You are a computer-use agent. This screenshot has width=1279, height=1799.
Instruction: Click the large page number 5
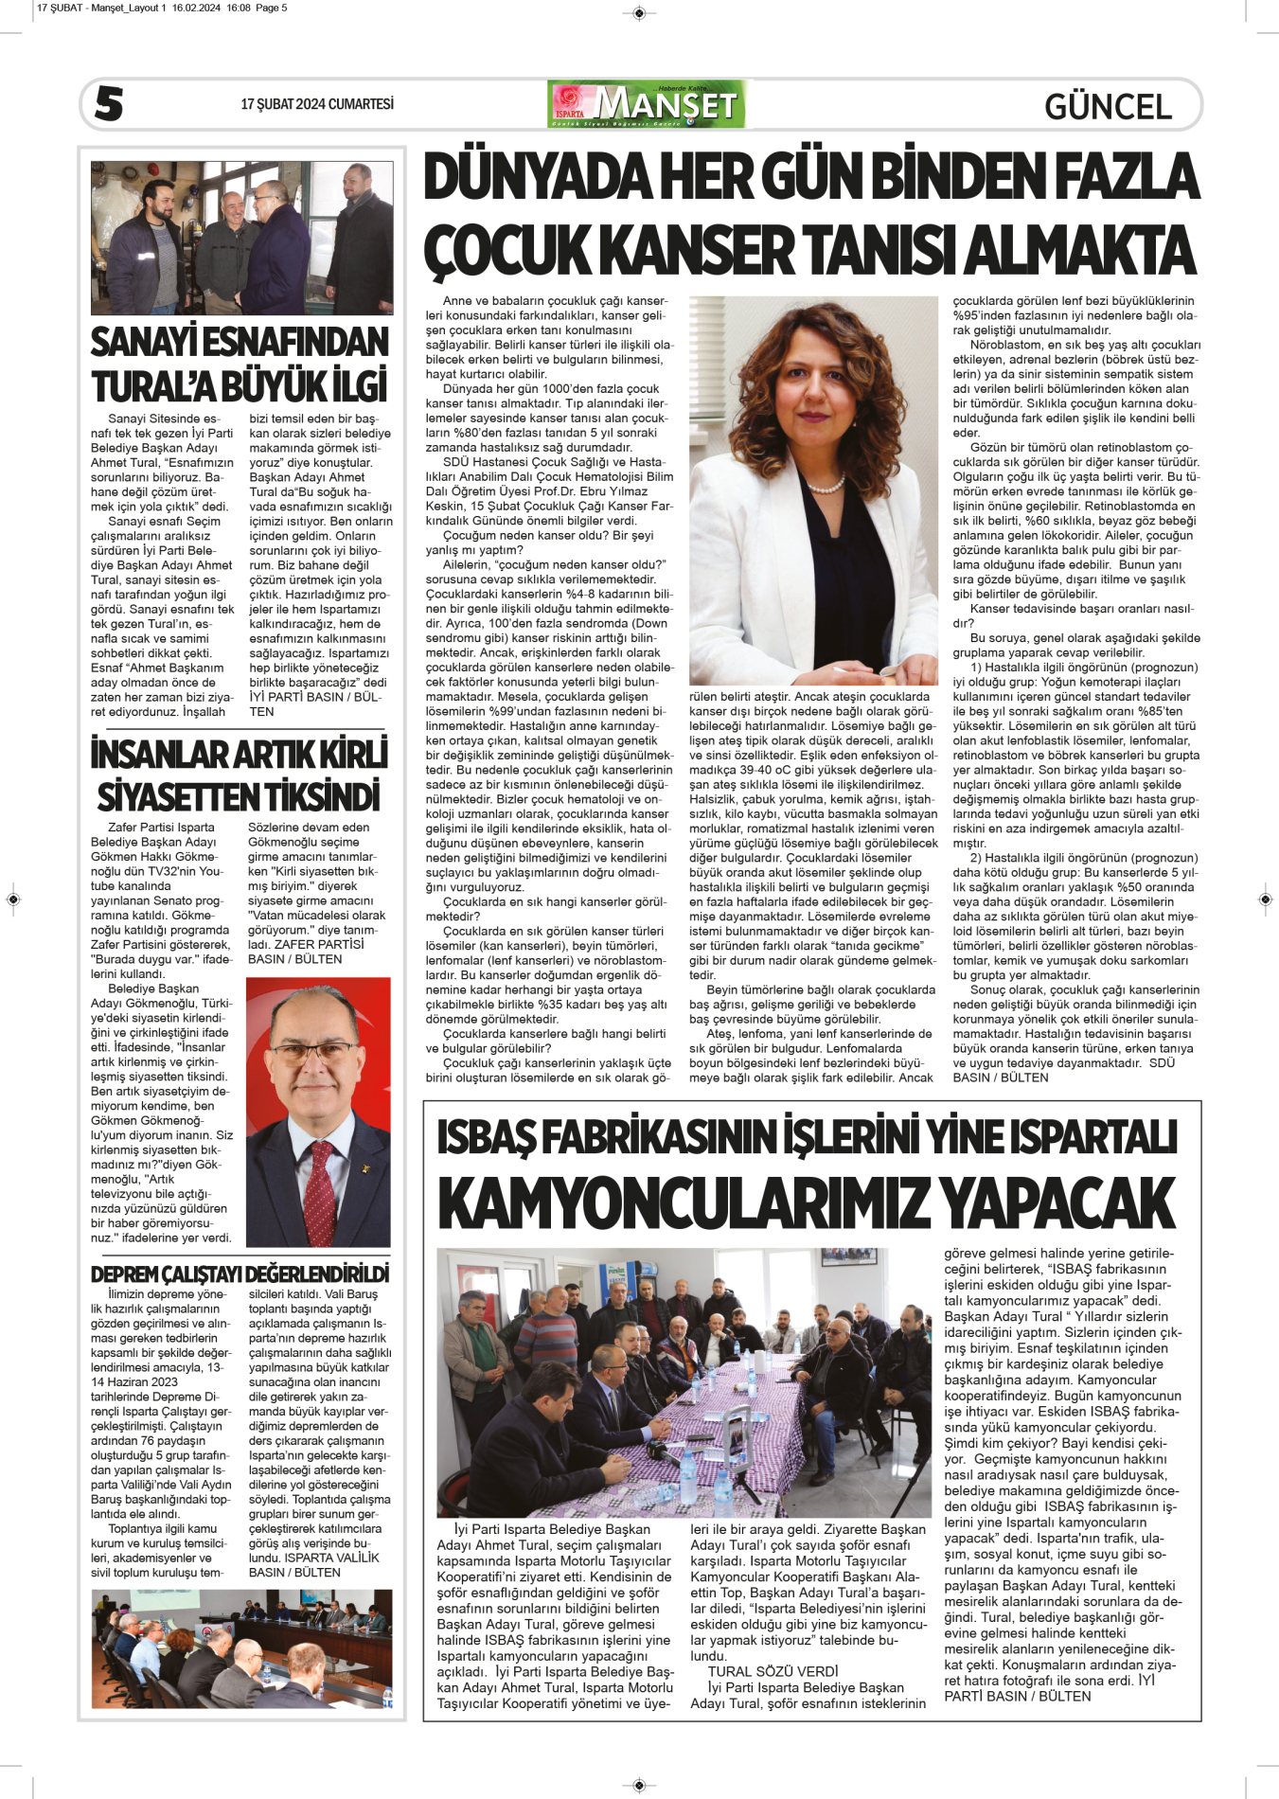pos(109,104)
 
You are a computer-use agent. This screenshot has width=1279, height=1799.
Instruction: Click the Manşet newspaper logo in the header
pos(647,104)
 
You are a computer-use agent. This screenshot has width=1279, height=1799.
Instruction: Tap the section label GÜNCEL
pos(1108,106)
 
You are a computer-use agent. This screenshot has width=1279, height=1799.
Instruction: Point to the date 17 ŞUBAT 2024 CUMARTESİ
pos(317,104)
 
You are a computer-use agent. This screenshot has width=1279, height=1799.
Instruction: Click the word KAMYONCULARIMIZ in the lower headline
pos(684,1203)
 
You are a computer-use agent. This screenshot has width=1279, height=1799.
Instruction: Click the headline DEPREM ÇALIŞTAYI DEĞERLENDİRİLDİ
pos(240,1274)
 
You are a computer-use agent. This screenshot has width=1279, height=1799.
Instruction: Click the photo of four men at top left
pos(241,238)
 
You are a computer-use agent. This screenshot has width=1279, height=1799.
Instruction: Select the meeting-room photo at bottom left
pos(241,1648)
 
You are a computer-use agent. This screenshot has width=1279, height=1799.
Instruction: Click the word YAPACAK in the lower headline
pos(1058,1203)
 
